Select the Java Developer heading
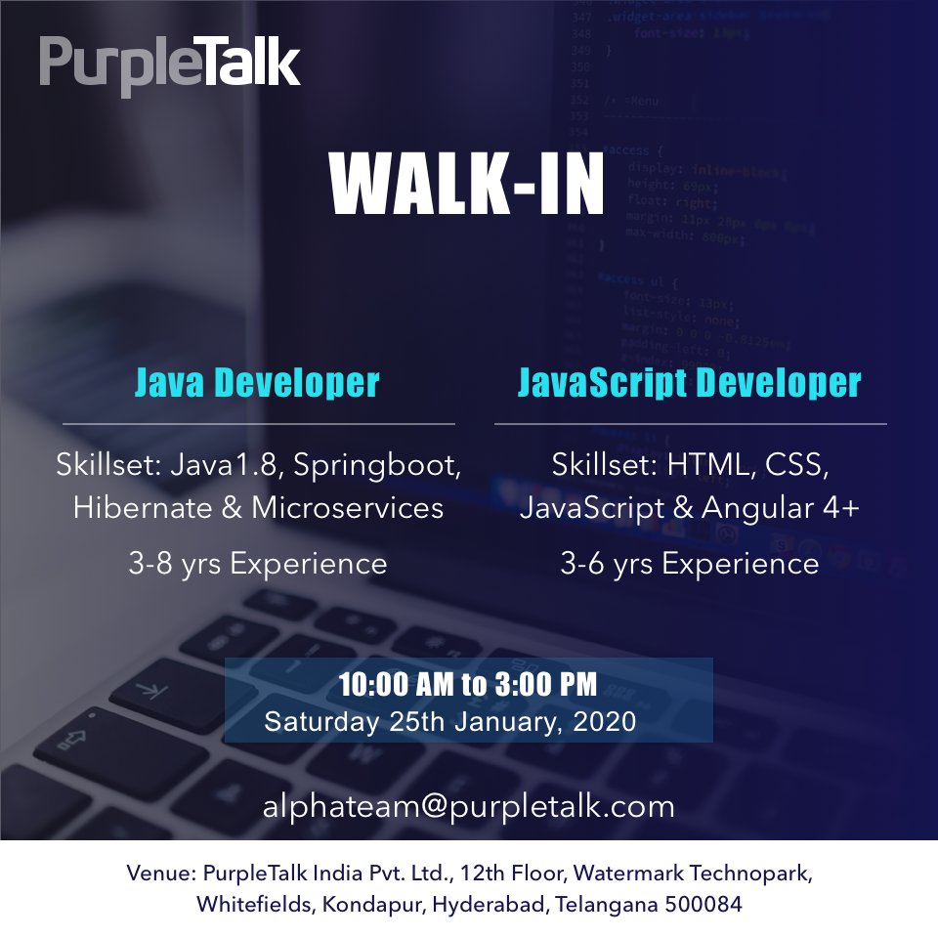256,382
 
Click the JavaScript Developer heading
690,382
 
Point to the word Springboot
386,466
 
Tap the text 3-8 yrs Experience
258,564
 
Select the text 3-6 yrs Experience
690,564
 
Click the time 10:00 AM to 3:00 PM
467,684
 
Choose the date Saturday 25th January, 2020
450,723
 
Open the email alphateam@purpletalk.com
468,807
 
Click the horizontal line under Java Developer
259,424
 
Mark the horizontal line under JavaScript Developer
691,424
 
